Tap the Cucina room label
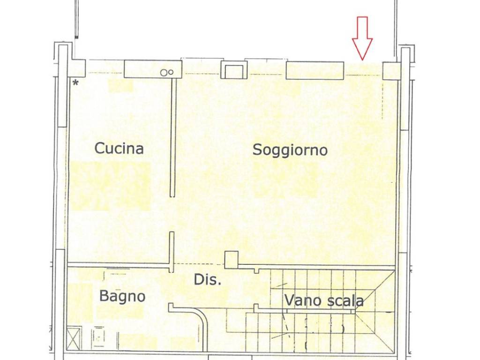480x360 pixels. click(119, 149)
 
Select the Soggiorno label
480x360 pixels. click(290, 150)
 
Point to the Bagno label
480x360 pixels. click(122, 297)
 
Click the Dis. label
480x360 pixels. click(207, 280)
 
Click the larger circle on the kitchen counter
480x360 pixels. click(164, 73)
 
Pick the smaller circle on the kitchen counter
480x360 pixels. click(172, 72)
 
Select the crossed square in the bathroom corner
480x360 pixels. click(74, 337)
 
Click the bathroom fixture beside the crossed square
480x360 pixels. click(99, 337)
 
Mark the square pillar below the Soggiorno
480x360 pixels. click(231, 260)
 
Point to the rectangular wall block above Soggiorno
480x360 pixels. click(315, 71)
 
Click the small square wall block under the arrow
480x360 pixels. click(391, 71)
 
